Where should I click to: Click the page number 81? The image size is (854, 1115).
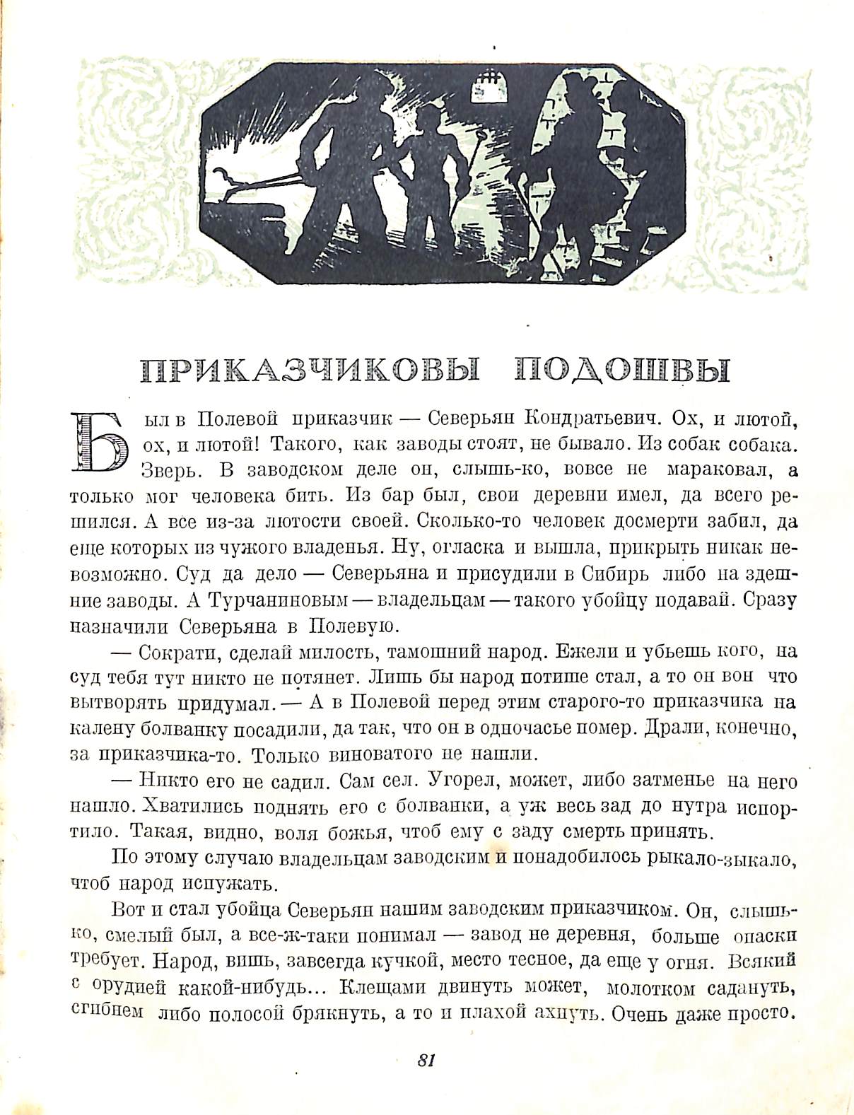(426, 1060)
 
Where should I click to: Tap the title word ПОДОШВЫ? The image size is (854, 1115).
(623, 370)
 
